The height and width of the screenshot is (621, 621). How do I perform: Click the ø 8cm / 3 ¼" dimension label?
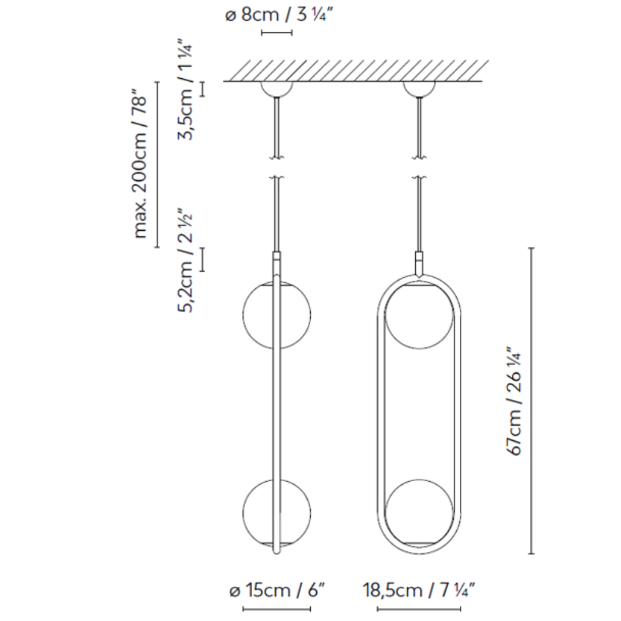[279, 15]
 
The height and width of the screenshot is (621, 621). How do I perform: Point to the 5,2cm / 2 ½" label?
[185, 260]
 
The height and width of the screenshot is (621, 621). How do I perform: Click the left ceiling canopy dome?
[277, 89]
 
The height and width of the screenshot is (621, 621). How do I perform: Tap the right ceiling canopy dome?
[419, 89]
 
